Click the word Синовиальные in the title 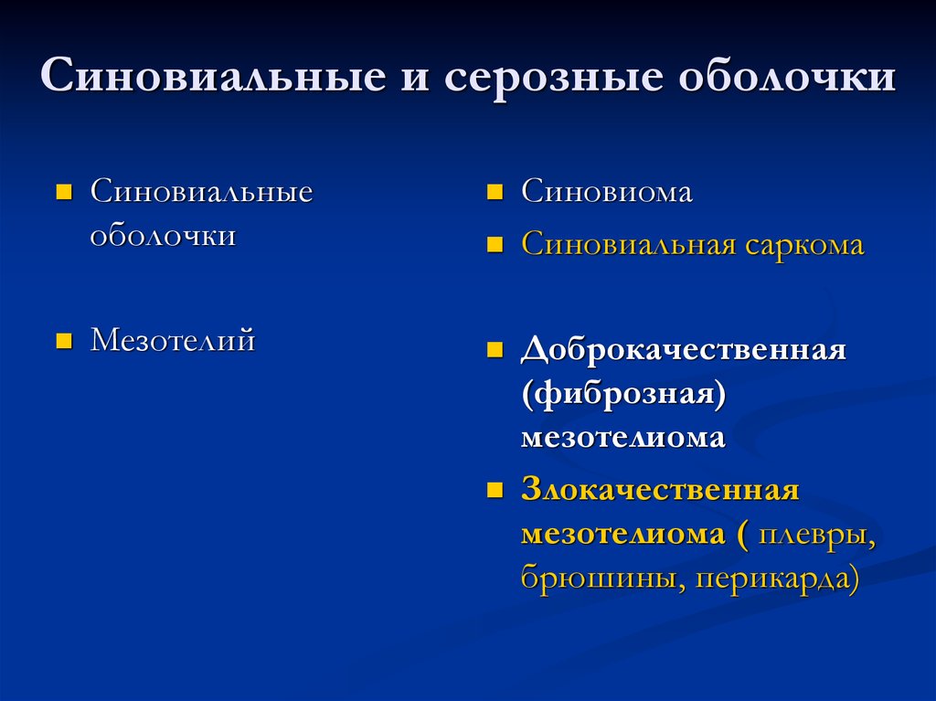[212, 76]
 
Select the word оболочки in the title [787, 76]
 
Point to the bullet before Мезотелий [64, 341]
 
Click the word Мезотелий [173, 339]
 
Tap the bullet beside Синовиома [495, 192]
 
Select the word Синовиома [607, 191]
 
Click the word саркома [804, 245]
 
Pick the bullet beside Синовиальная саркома [495, 246]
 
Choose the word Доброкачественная [684, 349]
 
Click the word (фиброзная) [623, 394]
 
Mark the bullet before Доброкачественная [495, 349]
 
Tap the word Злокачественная [660, 490]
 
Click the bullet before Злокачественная [495, 490]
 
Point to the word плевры [816, 535]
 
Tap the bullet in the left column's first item [64, 192]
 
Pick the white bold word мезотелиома [623, 438]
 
